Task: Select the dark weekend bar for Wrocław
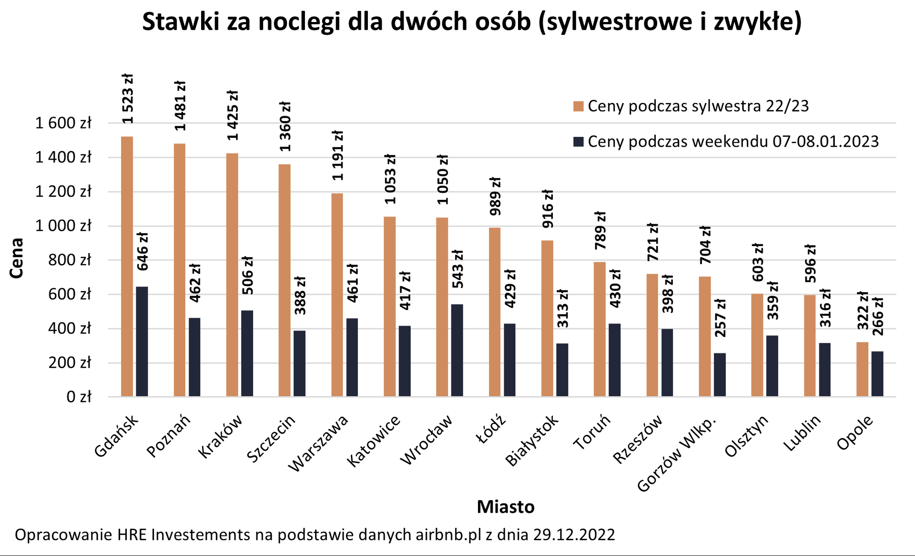457,350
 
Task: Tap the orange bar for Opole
862,369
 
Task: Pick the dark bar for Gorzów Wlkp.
720,375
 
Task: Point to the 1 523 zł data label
127,99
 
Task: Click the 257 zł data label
720,318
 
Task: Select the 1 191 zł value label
337,155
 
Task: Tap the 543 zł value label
457,269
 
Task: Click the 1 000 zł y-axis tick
63,226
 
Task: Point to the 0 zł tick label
79,397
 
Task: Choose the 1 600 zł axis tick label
63,124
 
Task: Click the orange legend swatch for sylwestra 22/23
578,106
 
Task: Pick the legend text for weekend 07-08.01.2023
733,142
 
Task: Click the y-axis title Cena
17,258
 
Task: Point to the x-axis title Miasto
505,506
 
